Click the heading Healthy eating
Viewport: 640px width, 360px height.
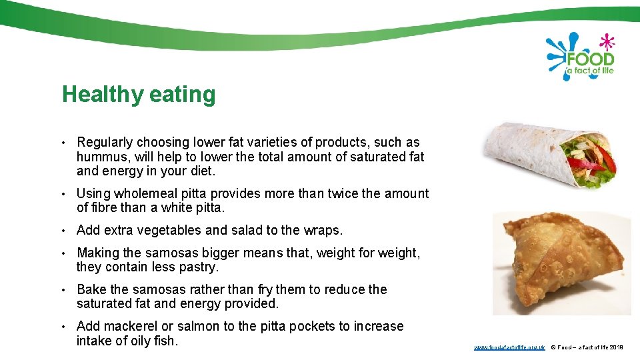[139, 95]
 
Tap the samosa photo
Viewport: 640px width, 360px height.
[561, 263]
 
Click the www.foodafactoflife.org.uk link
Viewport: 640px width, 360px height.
[509, 347]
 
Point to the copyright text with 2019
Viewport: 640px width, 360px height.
[587, 347]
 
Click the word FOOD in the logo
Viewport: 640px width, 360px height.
[589, 59]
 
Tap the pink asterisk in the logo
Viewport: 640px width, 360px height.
[607, 41]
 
